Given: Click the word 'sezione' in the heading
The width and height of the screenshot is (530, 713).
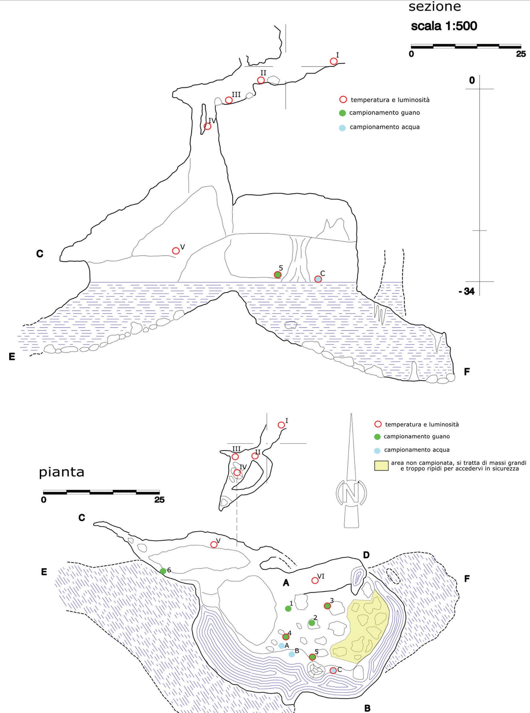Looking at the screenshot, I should pyautogui.click(x=435, y=7).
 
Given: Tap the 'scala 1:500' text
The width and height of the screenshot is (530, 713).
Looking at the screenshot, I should pyautogui.click(x=444, y=26).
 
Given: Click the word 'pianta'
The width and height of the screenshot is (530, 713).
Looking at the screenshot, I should pyautogui.click(x=62, y=472).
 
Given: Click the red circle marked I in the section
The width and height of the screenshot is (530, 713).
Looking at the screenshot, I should pyautogui.click(x=334, y=61).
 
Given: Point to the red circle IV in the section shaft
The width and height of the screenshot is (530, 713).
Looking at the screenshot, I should pyautogui.click(x=207, y=126).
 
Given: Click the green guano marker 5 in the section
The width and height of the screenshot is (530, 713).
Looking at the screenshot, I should pyautogui.click(x=278, y=275).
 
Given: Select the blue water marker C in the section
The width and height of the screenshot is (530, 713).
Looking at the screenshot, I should pyautogui.click(x=318, y=279).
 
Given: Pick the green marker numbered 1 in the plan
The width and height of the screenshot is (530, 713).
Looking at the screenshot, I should pyautogui.click(x=288, y=608).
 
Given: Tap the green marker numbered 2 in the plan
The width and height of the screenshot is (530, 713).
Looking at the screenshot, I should pyautogui.click(x=312, y=622).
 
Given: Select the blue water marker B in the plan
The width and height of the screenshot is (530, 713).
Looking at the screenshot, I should pyautogui.click(x=291, y=654).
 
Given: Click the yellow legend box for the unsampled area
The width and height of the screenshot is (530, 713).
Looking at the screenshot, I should pyautogui.click(x=382, y=466).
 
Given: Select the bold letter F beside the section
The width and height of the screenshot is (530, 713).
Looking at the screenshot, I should pyautogui.click(x=467, y=372).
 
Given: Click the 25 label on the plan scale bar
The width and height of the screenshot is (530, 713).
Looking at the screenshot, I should pyautogui.click(x=159, y=499).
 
